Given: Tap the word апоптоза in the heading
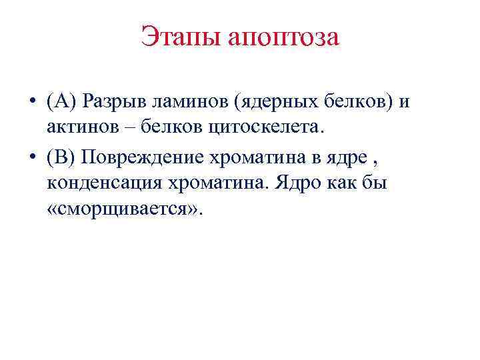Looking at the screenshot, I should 284,37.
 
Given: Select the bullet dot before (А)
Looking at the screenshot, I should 32,102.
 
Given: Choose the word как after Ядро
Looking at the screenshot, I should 346,181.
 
